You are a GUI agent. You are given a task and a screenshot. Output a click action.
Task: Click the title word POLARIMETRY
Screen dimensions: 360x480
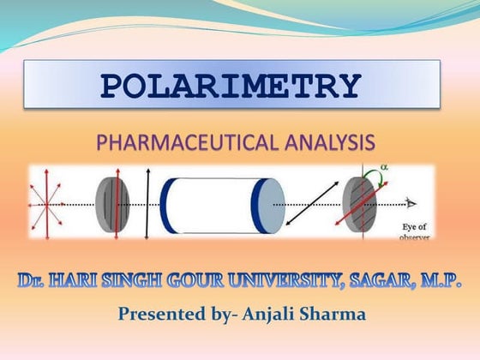(x=231, y=86)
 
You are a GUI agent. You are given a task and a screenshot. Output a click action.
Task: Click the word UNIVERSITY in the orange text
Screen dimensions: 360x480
(x=292, y=280)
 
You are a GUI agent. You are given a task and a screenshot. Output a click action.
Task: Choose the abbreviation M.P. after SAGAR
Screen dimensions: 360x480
(x=441, y=280)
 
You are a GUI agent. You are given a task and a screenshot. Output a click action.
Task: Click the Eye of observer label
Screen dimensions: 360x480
(x=415, y=230)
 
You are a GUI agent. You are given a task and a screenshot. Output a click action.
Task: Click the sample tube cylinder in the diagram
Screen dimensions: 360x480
(x=222, y=205)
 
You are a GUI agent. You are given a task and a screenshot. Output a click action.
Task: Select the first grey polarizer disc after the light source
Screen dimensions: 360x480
(x=112, y=205)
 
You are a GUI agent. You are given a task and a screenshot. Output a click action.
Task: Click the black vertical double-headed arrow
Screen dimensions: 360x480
(x=147, y=203)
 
